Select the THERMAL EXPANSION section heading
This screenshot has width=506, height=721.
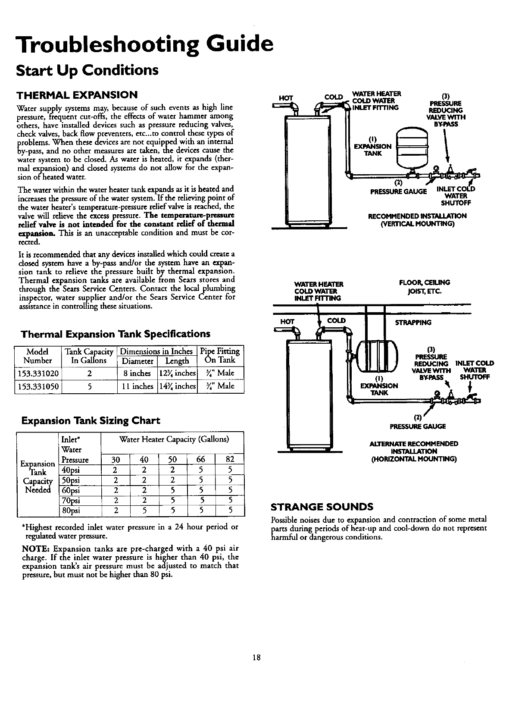77,94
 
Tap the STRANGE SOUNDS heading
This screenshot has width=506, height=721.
321,506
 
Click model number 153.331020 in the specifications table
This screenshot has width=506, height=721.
38,373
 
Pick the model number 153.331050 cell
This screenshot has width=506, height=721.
38,386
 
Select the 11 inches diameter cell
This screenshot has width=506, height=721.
137,386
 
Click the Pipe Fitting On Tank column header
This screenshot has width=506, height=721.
220,356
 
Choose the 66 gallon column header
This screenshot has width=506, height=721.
201,459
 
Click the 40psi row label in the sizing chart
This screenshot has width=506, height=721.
71,470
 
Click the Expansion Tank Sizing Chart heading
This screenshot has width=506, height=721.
91,420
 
